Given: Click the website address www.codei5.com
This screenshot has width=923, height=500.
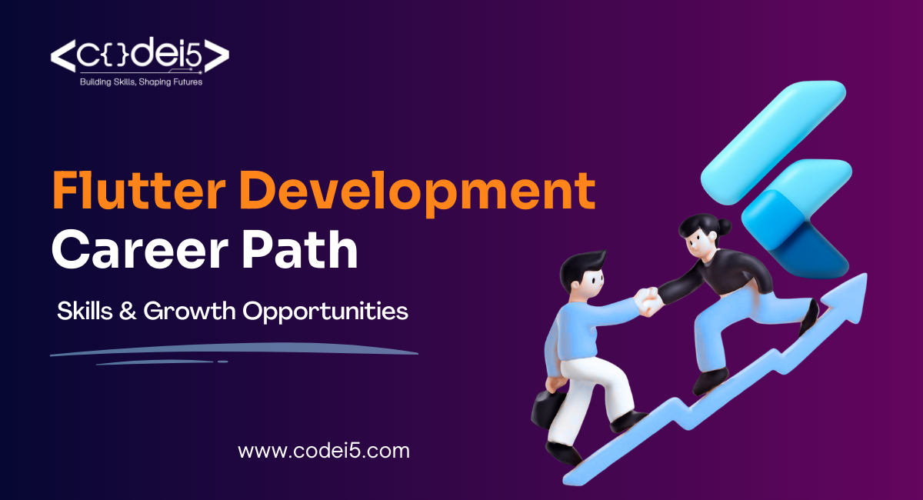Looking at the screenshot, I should tap(324, 451).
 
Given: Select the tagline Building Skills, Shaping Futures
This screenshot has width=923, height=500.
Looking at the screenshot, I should tap(141, 81).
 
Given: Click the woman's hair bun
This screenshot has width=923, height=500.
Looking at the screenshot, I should tap(723, 226).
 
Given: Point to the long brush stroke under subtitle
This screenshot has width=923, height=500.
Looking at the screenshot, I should tap(231, 351).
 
